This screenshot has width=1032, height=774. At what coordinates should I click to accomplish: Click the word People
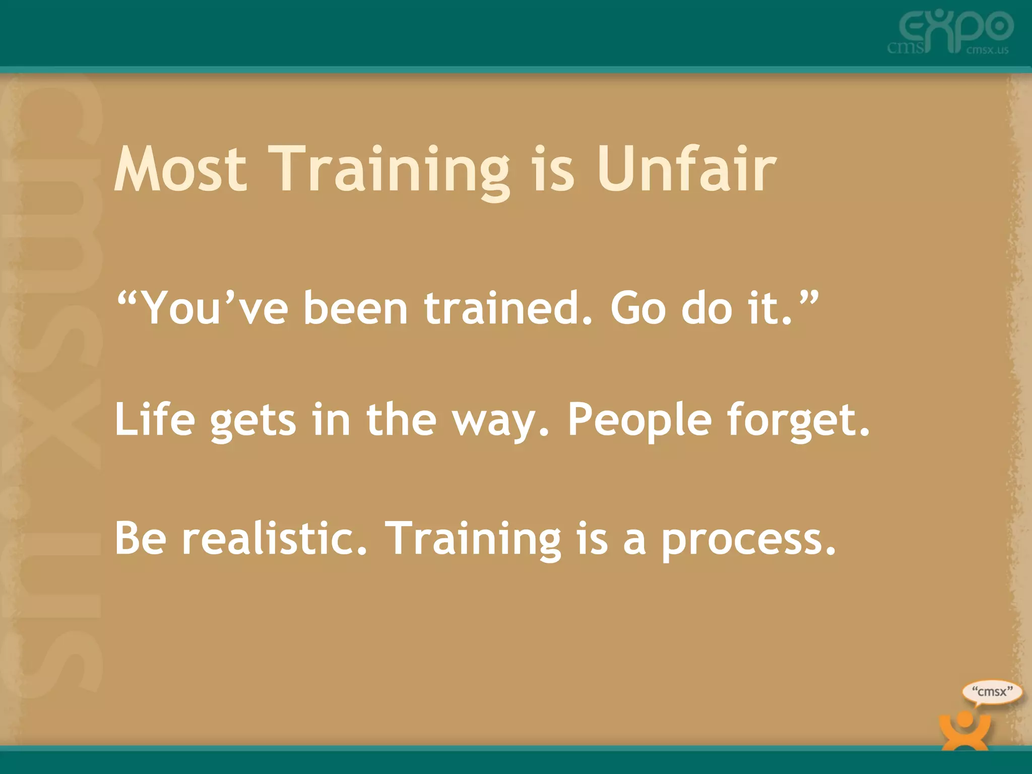pyautogui.click(x=639, y=421)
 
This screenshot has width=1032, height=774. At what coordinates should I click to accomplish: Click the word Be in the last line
pyautogui.click(x=140, y=538)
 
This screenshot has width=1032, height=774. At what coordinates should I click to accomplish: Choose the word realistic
pyautogui.click(x=274, y=538)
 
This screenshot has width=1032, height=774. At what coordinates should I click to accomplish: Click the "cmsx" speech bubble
pyautogui.click(x=992, y=692)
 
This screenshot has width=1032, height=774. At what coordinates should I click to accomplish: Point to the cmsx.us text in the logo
pyautogui.click(x=987, y=50)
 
